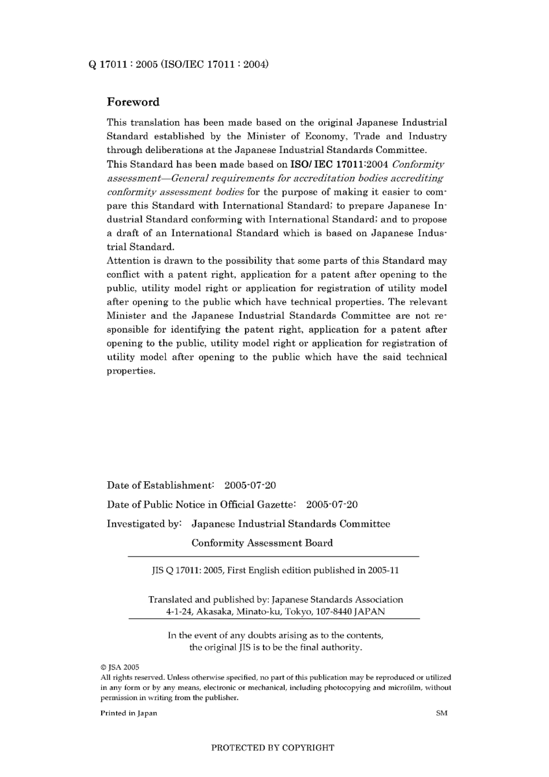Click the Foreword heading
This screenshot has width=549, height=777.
click(x=133, y=102)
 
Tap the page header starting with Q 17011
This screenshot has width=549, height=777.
click(x=178, y=64)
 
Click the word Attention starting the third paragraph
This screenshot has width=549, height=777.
click(x=129, y=261)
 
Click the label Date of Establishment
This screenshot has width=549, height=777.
click(x=160, y=485)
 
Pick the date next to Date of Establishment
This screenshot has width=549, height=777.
click(x=250, y=485)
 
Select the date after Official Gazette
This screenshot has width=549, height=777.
click(x=332, y=504)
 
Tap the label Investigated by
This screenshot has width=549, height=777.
click(x=144, y=524)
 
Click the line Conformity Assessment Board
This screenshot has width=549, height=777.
click(x=262, y=543)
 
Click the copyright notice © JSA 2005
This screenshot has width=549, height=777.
click(x=120, y=667)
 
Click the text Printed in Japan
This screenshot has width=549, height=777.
click(x=129, y=713)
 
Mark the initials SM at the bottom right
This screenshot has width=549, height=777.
click(x=442, y=713)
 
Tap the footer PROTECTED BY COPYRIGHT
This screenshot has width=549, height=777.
click(x=273, y=748)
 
